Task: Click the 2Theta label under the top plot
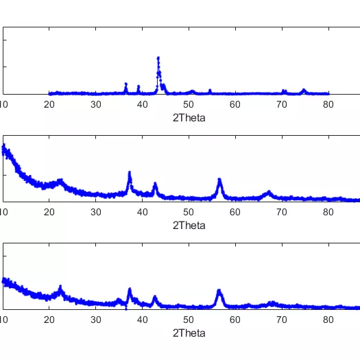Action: tap(189, 117)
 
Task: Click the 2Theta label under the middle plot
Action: tap(189, 225)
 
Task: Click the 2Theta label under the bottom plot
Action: tap(189, 333)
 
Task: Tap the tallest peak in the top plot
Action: tap(158, 58)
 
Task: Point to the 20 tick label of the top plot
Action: tap(49, 104)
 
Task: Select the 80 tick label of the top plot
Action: tap(328, 104)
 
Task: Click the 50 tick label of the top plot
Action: tap(189, 104)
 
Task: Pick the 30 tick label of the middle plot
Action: tap(96, 212)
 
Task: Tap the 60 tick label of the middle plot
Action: tap(235, 212)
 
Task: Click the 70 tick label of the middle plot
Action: tap(282, 212)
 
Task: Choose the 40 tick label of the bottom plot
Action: tap(142, 320)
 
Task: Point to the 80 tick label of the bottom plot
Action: tap(328, 320)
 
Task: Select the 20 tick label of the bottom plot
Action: tap(49, 320)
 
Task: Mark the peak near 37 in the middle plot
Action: tap(130, 172)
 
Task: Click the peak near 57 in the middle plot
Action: tap(219, 180)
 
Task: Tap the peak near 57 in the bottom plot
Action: tap(219, 291)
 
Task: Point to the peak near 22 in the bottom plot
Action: tap(60, 287)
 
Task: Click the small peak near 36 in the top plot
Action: tap(125, 84)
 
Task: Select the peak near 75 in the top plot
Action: tap(304, 90)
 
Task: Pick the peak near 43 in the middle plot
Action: tap(155, 184)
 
